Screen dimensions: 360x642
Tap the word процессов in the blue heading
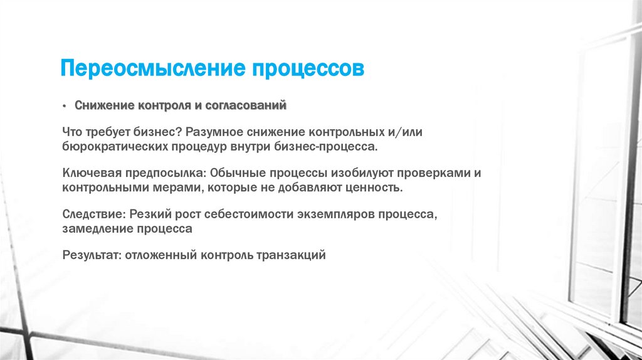point(307,68)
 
